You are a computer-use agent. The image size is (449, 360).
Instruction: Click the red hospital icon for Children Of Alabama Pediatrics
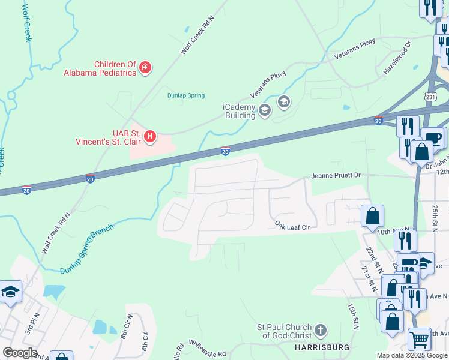click(145, 68)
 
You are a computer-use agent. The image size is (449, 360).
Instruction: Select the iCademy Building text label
click(240, 111)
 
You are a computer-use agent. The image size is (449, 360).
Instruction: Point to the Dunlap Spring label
click(185, 95)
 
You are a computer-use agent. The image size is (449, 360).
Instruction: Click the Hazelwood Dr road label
click(399, 59)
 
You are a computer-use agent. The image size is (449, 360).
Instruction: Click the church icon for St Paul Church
click(321, 330)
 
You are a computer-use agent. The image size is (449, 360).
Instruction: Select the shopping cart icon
click(419, 339)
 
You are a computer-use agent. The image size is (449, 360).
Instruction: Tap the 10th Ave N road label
click(393, 230)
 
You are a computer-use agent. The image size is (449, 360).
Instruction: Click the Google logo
click(20, 353)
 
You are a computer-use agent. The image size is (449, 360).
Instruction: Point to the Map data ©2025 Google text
click(412, 355)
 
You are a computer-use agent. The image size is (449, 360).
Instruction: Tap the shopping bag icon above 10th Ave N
click(372, 215)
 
